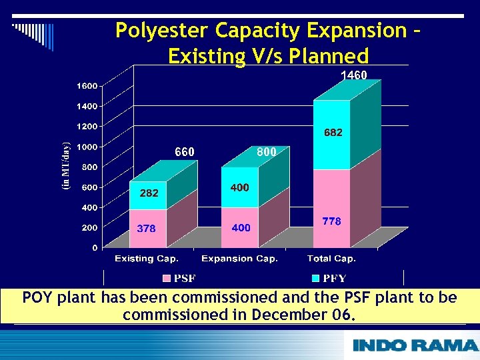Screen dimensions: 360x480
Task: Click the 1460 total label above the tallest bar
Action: point(353,75)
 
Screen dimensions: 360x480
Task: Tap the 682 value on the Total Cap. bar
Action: point(333,133)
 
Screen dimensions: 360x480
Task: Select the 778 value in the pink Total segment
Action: point(332,221)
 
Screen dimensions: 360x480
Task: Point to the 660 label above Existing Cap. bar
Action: point(185,152)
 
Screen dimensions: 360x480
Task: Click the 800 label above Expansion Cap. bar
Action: point(267,152)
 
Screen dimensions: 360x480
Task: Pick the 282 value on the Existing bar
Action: point(149,193)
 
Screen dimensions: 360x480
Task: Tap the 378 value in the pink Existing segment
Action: point(146,229)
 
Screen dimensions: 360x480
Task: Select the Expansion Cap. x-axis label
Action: point(239,259)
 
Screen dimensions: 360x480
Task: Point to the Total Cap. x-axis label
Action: point(331,259)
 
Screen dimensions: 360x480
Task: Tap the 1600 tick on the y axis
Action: point(87,85)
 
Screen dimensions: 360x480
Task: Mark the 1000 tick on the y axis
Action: point(87,147)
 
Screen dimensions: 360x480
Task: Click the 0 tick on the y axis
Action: point(95,247)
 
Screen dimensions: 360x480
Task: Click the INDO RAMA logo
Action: point(415,345)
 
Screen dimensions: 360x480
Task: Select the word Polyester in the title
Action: point(163,31)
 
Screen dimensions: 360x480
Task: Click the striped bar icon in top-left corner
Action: point(33,34)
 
